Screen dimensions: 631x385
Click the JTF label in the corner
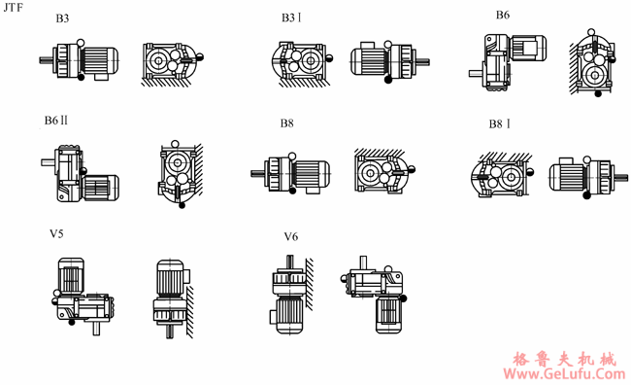pos(14,7)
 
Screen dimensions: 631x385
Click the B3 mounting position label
pos(62,18)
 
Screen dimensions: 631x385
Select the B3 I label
pos(291,17)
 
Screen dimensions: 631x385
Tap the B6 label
pos(503,15)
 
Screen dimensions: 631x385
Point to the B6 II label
pos(56,121)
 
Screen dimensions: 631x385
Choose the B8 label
pos(287,122)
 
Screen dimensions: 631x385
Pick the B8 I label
pos(499,123)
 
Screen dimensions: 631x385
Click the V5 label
pos(56,234)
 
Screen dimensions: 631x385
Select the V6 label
pos(291,236)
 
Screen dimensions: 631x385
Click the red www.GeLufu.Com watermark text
pos(564,373)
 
